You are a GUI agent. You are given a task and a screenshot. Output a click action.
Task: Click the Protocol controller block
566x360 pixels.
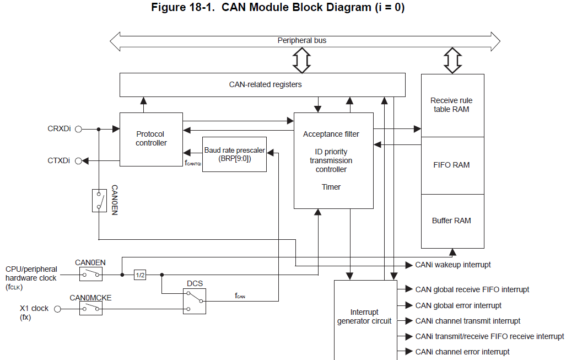tap(151, 139)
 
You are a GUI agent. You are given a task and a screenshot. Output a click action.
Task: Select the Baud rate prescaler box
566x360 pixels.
tap(234, 154)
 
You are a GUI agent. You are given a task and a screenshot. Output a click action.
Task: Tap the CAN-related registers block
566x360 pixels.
tap(262, 85)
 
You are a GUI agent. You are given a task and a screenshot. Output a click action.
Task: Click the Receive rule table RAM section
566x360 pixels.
tap(452, 105)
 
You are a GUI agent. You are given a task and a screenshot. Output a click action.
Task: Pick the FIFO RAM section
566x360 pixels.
tap(452, 165)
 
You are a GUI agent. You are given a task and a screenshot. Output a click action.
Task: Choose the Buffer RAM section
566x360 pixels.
tap(452, 221)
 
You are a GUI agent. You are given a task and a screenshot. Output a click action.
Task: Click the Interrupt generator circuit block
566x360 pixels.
tap(365, 318)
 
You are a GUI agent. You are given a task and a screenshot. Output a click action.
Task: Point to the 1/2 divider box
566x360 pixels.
tap(140, 275)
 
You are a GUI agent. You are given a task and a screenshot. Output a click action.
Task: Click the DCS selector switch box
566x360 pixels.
tap(195, 301)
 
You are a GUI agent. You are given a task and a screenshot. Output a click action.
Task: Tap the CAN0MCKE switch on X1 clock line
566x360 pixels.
tap(91, 309)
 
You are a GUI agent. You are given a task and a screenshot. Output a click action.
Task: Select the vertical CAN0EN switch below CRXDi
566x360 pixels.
tap(99, 201)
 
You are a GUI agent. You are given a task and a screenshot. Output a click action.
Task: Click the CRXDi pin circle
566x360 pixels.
tap(78, 129)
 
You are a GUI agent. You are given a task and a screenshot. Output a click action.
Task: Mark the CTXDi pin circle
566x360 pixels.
tap(78, 161)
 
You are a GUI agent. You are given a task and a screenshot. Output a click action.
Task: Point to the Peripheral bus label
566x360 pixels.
tap(302, 41)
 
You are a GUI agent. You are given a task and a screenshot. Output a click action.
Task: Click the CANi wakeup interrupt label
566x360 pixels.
tap(452, 265)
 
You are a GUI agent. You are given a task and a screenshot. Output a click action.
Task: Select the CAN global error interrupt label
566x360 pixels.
tap(458, 305)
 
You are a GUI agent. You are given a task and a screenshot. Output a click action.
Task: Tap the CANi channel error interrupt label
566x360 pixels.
tap(462, 352)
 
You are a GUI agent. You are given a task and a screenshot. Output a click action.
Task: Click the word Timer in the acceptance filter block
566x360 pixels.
tap(331, 187)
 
